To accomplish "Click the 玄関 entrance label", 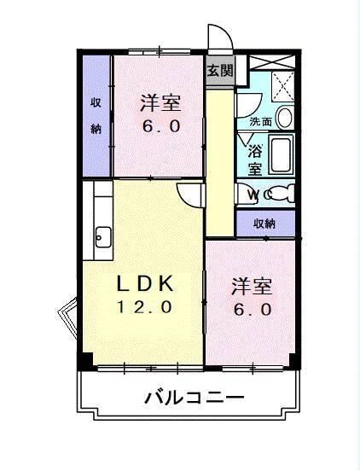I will pyautogui.click(x=219, y=71).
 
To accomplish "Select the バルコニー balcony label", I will pyautogui.click(x=195, y=397).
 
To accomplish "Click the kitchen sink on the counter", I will pyautogui.click(x=103, y=235).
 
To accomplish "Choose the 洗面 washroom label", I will pyautogui.click(x=260, y=121).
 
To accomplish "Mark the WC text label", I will pyautogui.click(x=259, y=195).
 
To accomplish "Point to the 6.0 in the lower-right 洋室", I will pyautogui.click(x=253, y=310).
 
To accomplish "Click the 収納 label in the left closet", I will pyautogui.click(x=96, y=116).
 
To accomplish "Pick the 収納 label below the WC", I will pyautogui.click(x=264, y=224).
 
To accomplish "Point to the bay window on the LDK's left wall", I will pyautogui.click(x=67, y=317).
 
